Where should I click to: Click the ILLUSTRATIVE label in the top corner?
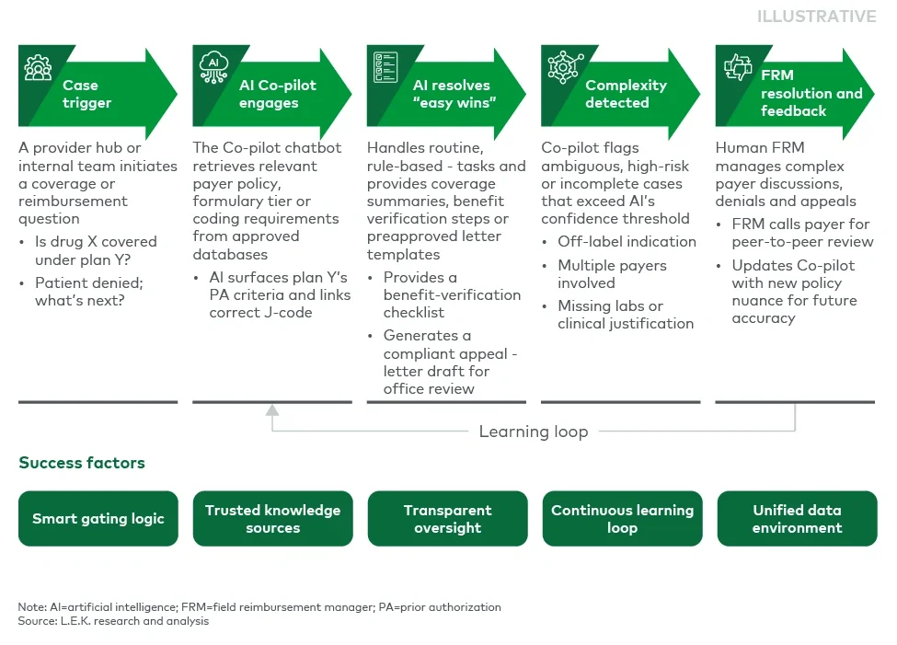point(816,17)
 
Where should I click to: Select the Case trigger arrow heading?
point(86,94)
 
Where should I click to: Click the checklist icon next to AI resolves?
point(385,65)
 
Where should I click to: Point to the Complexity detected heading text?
point(626,94)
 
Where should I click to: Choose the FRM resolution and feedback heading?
point(811,93)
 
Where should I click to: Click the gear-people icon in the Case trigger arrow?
point(38,66)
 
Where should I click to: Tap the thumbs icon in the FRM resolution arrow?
point(737,66)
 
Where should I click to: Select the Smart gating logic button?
point(98,519)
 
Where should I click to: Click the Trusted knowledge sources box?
point(272,519)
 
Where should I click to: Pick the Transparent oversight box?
point(447,519)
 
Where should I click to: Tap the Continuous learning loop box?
point(622,519)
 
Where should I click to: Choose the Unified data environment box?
point(797,519)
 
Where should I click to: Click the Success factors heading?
point(82,463)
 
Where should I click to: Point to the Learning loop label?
point(533,432)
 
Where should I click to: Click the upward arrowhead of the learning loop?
point(272,411)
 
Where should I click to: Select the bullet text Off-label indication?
point(627,242)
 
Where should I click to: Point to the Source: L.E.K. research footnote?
point(113,621)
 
